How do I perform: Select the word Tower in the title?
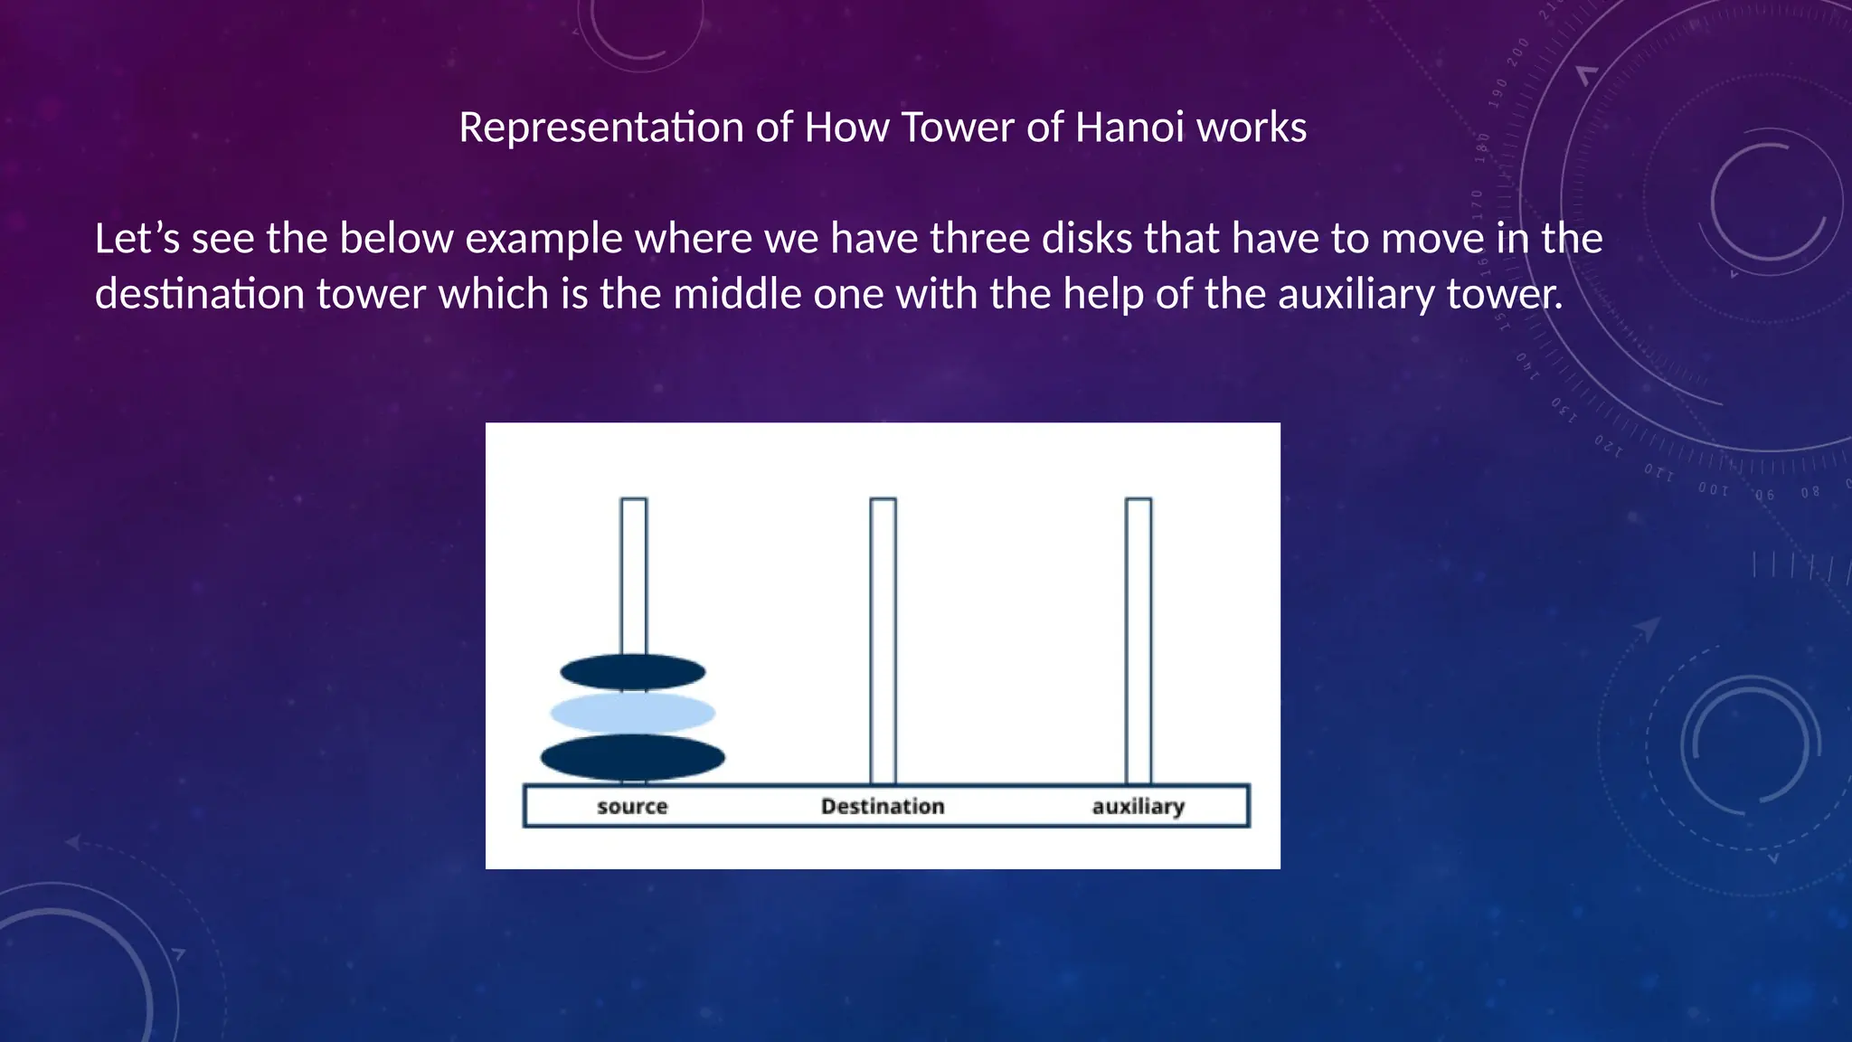tap(958, 128)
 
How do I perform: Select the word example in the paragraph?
tap(545, 239)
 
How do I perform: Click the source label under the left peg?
tap(632, 806)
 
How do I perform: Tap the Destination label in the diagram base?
tap(883, 806)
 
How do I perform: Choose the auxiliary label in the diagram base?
tap(1138, 806)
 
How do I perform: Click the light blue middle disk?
tap(632, 713)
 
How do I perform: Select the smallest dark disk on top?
tap(632, 672)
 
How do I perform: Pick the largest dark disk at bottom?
tap(632, 757)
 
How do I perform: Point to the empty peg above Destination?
tap(883, 633)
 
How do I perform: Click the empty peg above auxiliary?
tap(1139, 633)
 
